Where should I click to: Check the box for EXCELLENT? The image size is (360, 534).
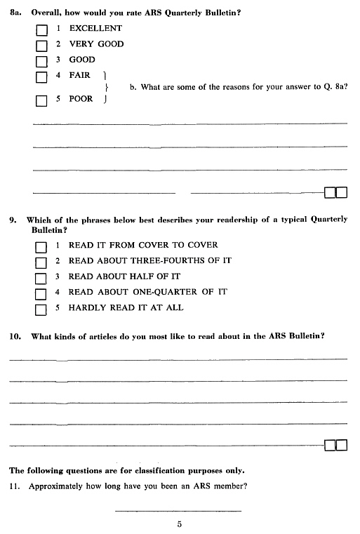tap(41, 30)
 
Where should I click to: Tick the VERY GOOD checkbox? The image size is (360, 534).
tap(41, 46)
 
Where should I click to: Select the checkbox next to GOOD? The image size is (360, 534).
tap(41, 61)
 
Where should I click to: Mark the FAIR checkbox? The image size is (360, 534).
tap(41, 76)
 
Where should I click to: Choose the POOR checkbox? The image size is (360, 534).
tap(41, 100)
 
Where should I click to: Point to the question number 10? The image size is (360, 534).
tap(14, 337)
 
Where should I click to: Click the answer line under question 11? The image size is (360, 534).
tap(178, 510)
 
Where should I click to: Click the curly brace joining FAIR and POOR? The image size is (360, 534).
tap(105, 87)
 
